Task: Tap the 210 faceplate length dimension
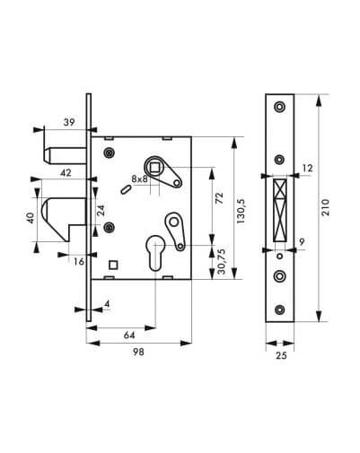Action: point(325,207)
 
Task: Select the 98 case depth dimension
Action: point(138,352)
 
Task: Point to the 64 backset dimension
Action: point(129,335)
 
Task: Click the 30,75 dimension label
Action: point(222,261)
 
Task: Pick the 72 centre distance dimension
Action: point(219,198)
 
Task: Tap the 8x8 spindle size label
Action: point(139,179)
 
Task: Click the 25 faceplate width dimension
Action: point(281,355)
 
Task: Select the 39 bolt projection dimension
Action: point(69,122)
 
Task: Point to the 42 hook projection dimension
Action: point(66,172)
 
